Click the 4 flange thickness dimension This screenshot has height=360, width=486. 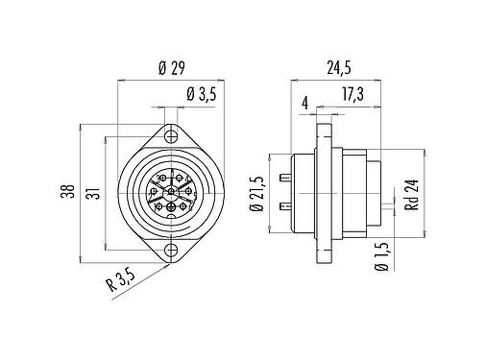(x=305, y=101)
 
